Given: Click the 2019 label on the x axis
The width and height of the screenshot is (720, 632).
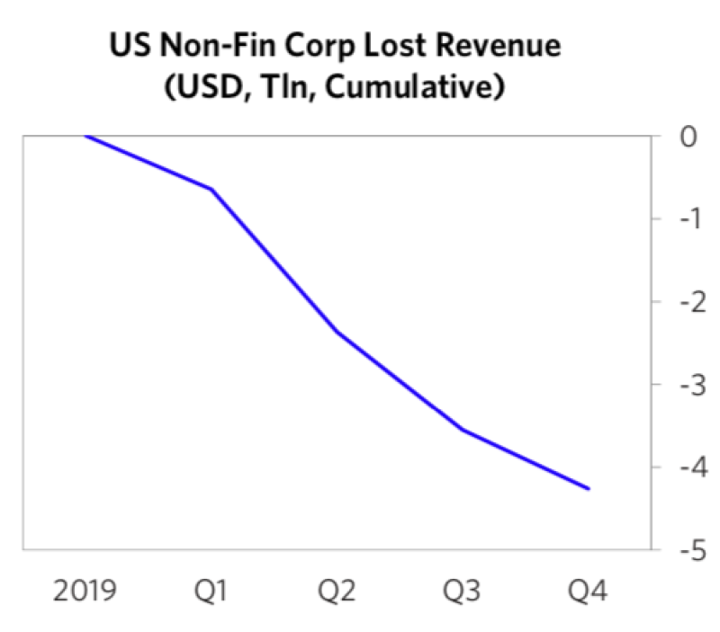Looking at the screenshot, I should tap(86, 593).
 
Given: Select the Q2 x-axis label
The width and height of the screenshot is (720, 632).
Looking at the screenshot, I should tap(338, 593).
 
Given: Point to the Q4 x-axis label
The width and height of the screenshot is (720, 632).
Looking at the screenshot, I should tap(589, 593).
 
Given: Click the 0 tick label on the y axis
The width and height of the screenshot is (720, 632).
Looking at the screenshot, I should tap(688, 138).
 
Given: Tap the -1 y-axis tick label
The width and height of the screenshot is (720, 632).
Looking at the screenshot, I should tap(682, 220).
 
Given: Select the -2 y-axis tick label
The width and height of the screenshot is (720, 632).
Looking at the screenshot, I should tap(682, 303).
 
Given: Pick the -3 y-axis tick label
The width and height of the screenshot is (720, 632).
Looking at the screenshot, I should tap(682, 386).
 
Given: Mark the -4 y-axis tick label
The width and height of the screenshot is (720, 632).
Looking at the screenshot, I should tap(682, 468).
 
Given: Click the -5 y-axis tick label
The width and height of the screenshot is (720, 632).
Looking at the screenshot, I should tap(682, 551).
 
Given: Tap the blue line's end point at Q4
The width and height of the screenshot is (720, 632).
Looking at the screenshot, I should tap(589, 489).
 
